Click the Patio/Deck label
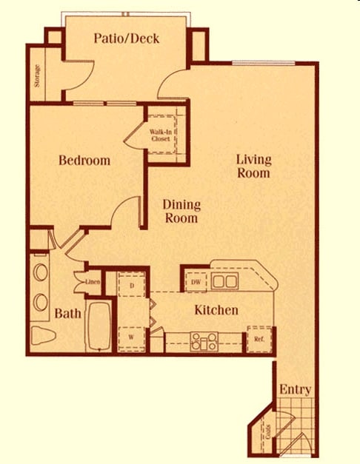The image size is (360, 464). click(127, 39)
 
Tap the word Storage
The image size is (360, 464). click(37, 76)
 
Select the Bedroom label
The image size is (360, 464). click(84, 161)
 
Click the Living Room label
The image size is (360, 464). click(253, 167)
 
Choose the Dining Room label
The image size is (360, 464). click(181, 212)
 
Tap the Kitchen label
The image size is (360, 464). click(216, 310)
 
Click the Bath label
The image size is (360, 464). click(68, 314)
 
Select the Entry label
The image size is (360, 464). click(295, 390)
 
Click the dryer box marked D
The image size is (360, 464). click(131, 285)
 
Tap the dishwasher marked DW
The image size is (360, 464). click(196, 282)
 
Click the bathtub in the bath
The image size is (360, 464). click(98, 326)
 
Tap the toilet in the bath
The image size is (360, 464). click(42, 337)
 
